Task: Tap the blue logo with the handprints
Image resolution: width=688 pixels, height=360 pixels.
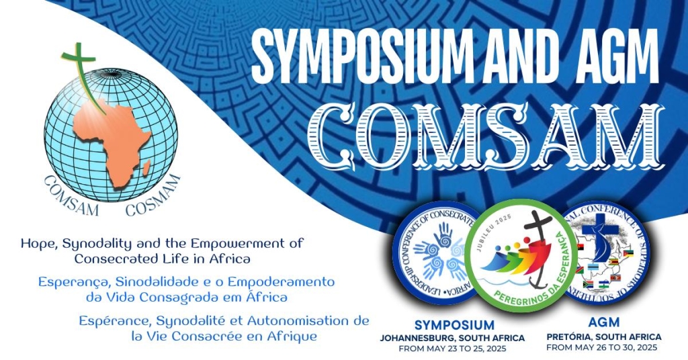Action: [437, 252]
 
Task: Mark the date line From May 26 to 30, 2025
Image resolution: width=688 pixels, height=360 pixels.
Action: [603, 348]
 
